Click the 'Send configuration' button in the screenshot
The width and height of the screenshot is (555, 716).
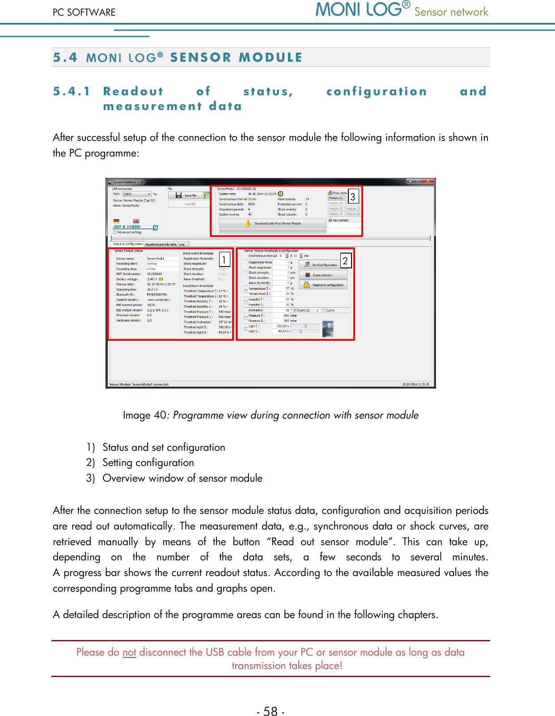[x=322, y=265]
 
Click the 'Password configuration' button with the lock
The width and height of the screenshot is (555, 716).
[x=323, y=285]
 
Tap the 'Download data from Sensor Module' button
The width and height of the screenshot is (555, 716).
[x=273, y=223]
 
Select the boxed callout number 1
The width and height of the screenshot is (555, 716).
[x=224, y=259]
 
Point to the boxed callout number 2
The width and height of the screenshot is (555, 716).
[x=345, y=260]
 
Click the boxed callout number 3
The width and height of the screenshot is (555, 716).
[x=353, y=196]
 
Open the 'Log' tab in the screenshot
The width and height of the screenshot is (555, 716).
[x=182, y=244]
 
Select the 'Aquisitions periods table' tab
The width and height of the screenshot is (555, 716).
[x=161, y=244]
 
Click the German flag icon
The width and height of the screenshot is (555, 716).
[x=117, y=221]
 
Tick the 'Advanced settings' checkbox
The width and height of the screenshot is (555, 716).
[x=115, y=232]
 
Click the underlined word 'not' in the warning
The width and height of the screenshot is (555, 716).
[x=129, y=652]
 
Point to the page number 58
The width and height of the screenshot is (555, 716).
[x=271, y=711]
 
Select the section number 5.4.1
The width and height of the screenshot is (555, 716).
[x=72, y=91]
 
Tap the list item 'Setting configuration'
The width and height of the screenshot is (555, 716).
[x=148, y=462]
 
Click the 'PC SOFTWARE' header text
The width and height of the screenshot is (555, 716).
[x=84, y=12]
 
